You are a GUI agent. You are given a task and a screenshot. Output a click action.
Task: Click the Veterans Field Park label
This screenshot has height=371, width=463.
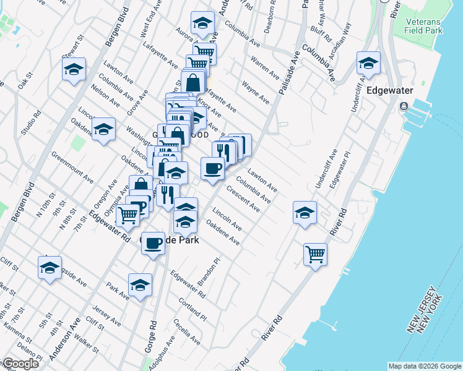[x=424, y=25]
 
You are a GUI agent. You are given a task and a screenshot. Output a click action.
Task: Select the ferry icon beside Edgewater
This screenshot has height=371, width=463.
[x=404, y=106]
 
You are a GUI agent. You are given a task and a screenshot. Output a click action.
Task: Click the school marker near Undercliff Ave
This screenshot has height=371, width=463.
[x=305, y=213]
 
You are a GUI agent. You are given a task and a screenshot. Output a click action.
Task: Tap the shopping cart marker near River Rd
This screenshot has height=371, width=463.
[x=316, y=254]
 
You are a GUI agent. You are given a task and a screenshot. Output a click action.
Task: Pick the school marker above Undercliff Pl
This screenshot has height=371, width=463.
[x=368, y=64]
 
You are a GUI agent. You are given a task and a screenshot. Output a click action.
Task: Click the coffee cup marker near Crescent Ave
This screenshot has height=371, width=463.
[x=212, y=168]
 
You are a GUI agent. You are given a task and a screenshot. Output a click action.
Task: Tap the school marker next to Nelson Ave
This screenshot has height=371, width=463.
[x=103, y=129]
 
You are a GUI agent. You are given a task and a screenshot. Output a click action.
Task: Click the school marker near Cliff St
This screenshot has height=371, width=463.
[x=50, y=268]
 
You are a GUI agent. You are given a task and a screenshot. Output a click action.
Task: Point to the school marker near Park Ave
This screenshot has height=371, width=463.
[x=141, y=285]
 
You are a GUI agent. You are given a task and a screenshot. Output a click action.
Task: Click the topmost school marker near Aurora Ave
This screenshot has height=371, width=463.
[x=202, y=23]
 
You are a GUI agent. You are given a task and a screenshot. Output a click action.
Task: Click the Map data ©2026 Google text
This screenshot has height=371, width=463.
[x=424, y=366]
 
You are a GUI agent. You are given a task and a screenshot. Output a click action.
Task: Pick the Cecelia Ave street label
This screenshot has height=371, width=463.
[x=187, y=332]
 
